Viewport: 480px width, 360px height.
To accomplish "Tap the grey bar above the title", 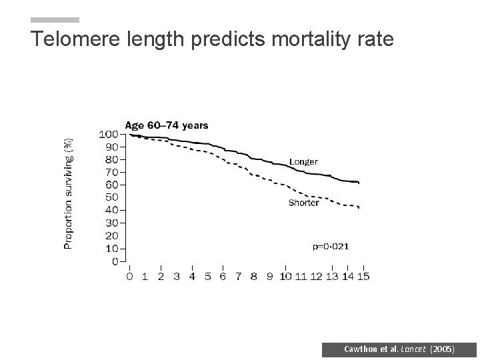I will [55, 20].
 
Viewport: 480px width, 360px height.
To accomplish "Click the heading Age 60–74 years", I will [167, 125].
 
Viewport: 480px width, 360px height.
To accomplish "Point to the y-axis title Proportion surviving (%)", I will [68, 193].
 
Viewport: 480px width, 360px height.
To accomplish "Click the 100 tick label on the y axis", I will [109, 134].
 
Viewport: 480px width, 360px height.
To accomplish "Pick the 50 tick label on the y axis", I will [111, 197].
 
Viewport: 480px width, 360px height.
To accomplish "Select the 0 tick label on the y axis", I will [115, 261].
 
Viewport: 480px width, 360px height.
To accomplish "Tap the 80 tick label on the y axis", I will [111, 159].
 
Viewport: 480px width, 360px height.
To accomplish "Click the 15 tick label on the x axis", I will [363, 277].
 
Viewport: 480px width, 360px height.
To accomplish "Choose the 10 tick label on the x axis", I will [285, 277].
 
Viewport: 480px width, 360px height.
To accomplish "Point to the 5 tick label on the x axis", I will [207, 277].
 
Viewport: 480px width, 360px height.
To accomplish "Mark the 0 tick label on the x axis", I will [129, 277].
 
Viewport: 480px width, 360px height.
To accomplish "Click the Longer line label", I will [303, 161].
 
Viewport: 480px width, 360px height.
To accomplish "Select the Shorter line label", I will [303, 203].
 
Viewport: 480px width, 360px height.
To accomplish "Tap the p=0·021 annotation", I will [330, 246].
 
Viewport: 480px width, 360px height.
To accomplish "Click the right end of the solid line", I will [359, 182].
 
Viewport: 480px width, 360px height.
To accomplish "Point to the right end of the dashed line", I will [359, 208].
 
